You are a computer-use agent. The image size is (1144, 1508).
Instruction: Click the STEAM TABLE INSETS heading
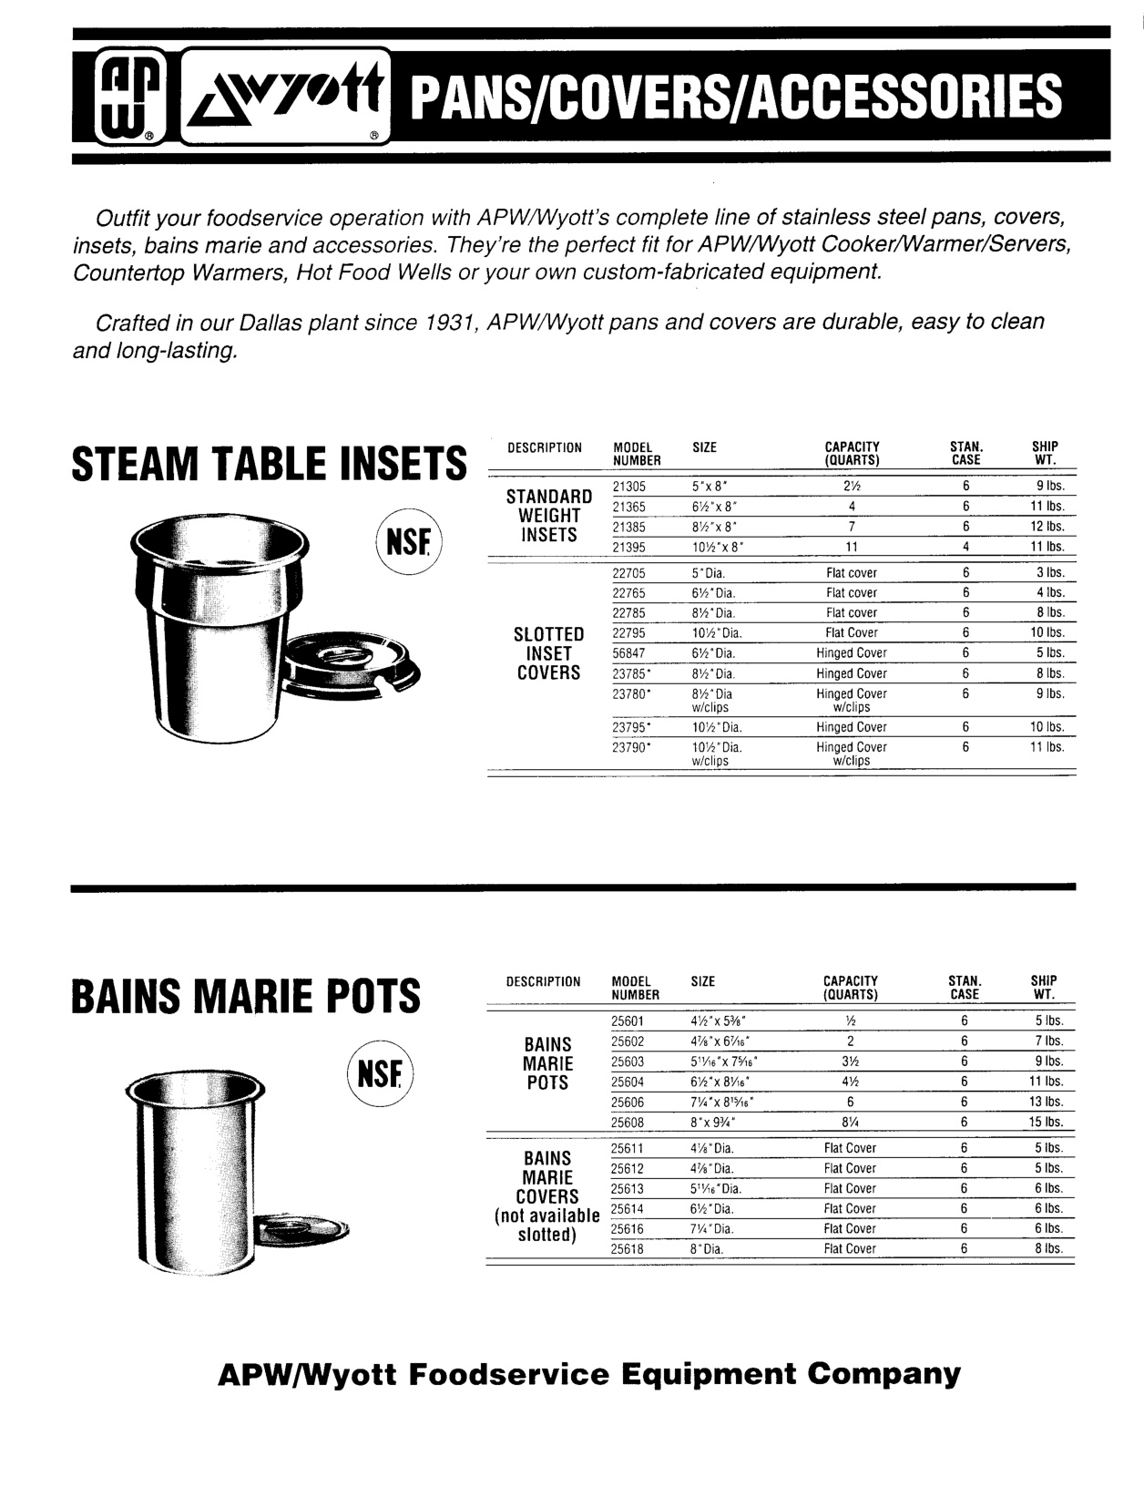(x=269, y=464)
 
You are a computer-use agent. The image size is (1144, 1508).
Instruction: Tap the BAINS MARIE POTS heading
(x=246, y=995)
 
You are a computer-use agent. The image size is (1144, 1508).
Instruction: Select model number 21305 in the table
(x=629, y=487)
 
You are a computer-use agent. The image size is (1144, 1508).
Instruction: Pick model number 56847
(x=629, y=653)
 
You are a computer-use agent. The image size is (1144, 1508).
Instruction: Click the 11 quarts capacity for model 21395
(x=852, y=548)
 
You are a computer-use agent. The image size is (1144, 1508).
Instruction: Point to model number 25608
(x=628, y=1123)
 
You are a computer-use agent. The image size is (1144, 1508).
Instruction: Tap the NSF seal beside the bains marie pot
(x=380, y=1074)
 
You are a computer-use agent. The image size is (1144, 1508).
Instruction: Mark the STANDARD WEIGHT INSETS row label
(x=549, y=516)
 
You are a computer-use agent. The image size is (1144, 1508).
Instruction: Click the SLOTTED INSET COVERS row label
(x=549, y=653)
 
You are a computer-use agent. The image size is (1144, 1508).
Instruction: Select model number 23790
(x=630, y=747)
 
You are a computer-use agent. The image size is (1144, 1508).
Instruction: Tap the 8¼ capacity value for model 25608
(x=850, y=1123)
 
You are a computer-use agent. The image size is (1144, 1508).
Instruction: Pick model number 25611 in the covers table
(x=628, y=1149)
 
